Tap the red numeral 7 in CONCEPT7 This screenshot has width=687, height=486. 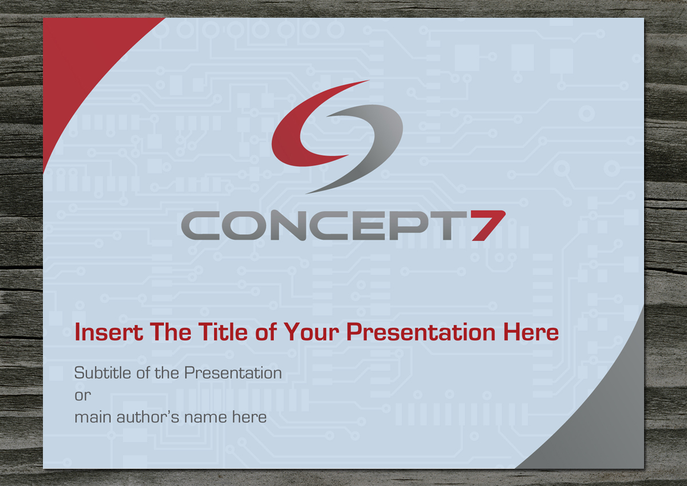[488, 226]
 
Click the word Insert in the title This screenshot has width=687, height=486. [109, 332]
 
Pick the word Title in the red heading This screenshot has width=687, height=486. [223, 332]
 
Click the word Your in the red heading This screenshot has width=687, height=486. [311, 332]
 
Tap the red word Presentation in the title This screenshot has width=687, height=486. [421, 333]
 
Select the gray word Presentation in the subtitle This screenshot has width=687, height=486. [233, 373]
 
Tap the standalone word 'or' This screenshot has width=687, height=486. [83, 396]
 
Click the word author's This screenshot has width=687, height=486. [148, 417]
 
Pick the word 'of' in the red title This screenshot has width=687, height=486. [266, 332]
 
